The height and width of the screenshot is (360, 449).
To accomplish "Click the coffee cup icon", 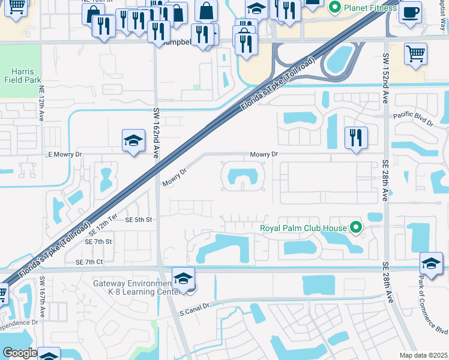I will click(x=410, y=13).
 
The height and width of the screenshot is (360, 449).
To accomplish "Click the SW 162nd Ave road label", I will click(x=157, y=133).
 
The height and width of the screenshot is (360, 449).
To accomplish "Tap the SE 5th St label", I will click(x=139, y=220).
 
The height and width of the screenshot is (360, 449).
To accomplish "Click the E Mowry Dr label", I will click(x=64, y=154).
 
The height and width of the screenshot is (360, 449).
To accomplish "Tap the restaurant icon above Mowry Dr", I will click(x=356, y=138).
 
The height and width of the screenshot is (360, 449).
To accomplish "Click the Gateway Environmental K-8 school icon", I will click(x=183, y=278).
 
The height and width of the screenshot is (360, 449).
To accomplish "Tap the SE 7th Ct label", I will click(x=89, y=262).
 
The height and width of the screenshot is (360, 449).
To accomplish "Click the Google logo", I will click(x=19, y=353).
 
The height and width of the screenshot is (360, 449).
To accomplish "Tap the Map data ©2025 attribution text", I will click(x=423, y=355).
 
